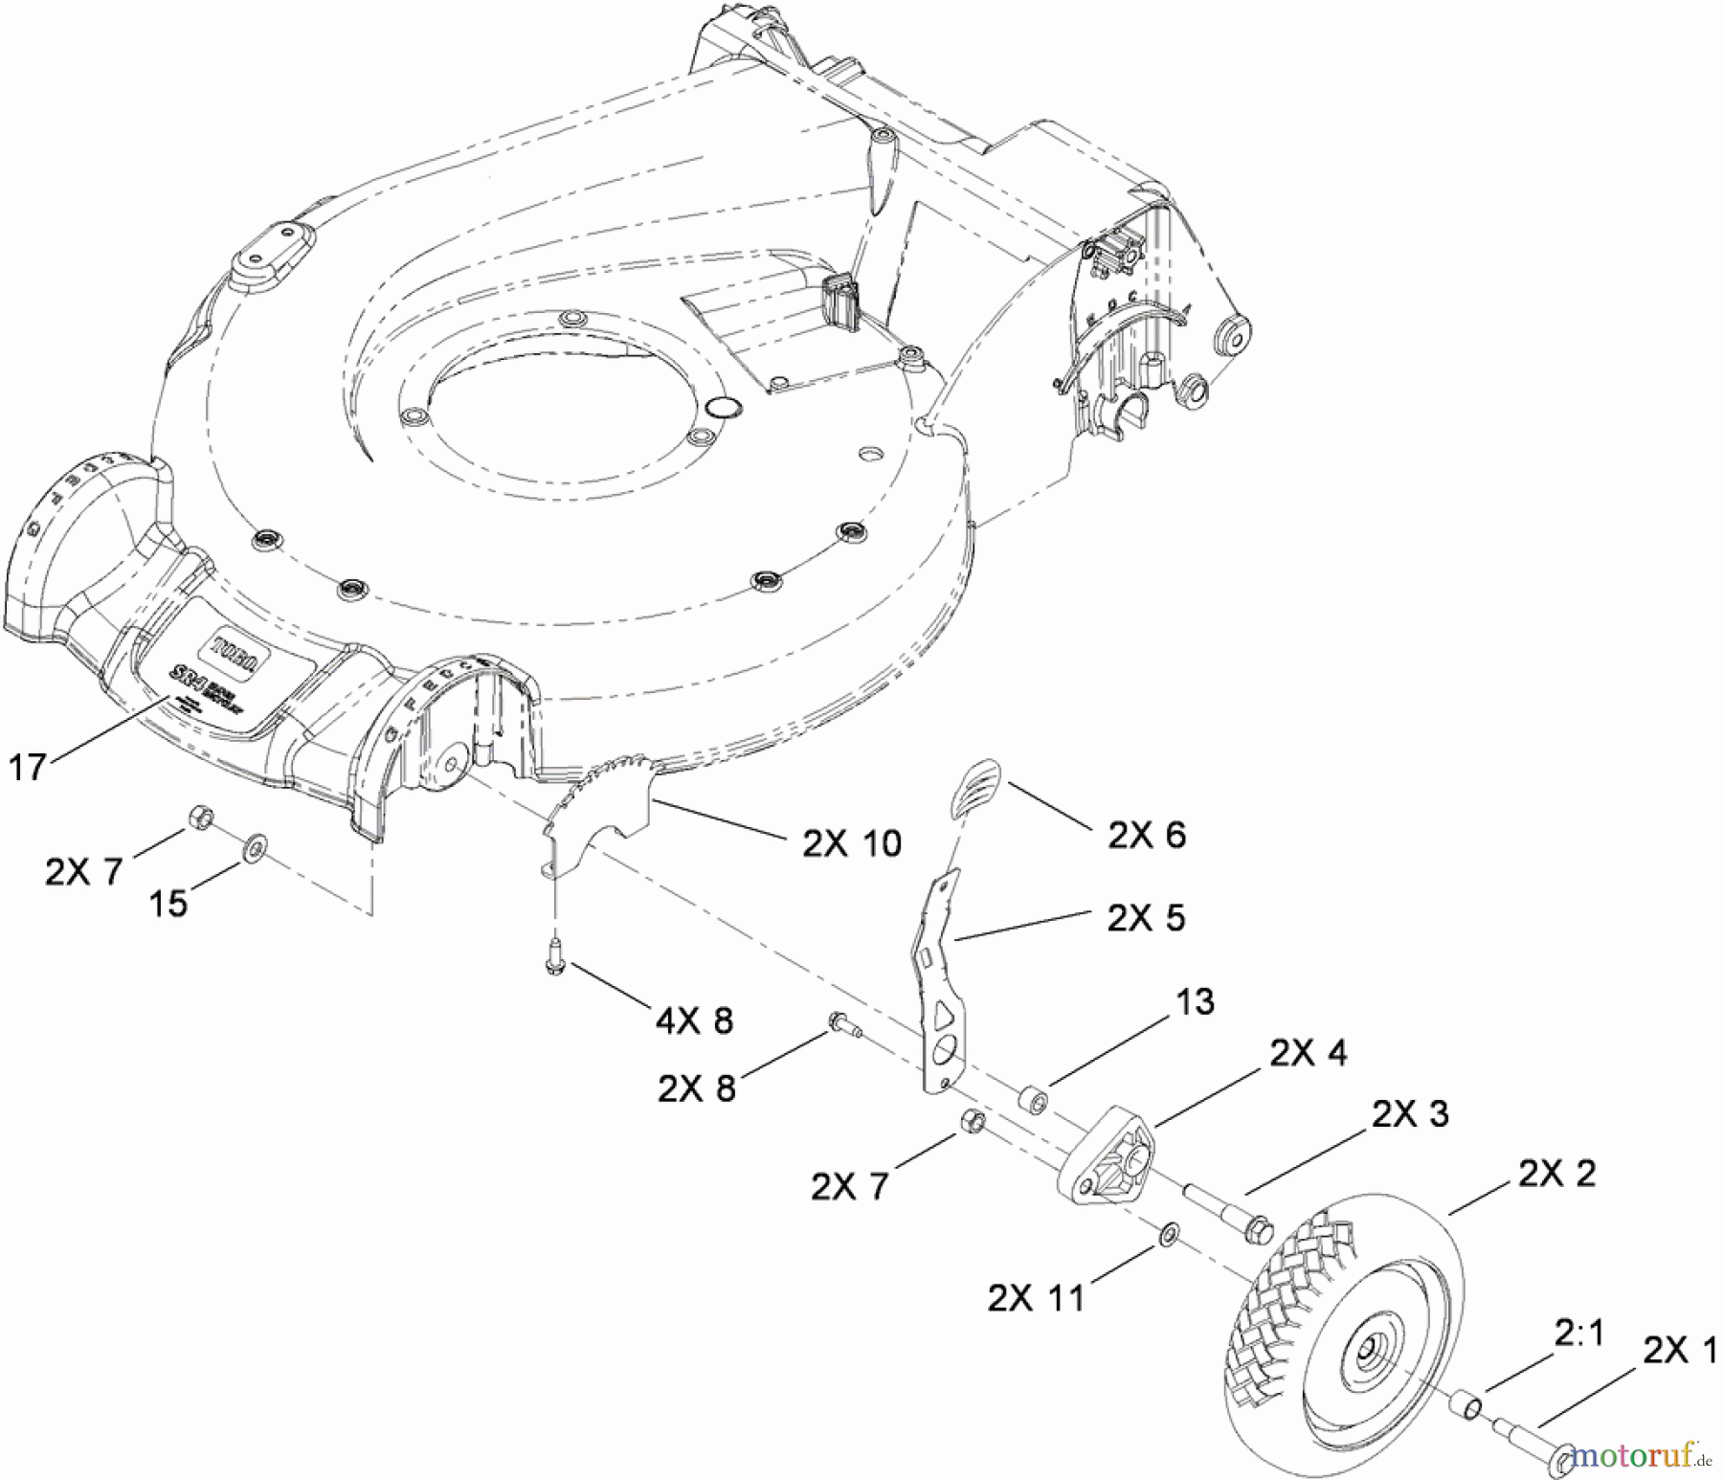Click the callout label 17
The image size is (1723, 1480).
point(27,767)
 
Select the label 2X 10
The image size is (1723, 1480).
point(851,842)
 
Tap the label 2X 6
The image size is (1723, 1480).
point(1146,835)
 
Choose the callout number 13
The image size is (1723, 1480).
point(1195,1001)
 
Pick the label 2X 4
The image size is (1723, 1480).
point(1308,1053)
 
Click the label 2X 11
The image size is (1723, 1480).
point(1037,1298)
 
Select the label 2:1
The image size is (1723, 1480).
point(1578,1333)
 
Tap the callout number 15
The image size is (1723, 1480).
point(168,903)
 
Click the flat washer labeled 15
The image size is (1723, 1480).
point(256,846)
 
